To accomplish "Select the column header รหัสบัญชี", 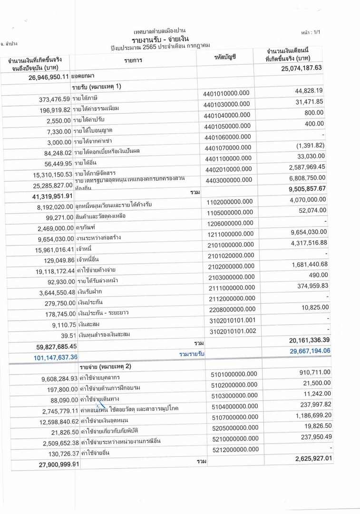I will pos(226,57).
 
